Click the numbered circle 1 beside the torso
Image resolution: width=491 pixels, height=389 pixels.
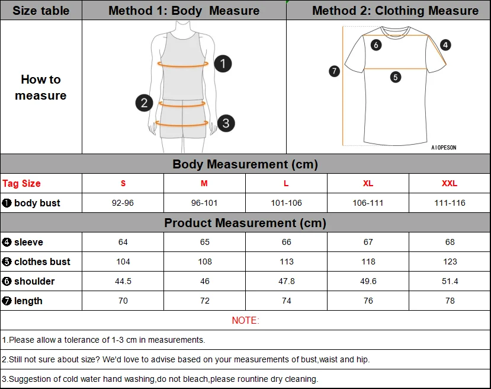click(x=223, y=63)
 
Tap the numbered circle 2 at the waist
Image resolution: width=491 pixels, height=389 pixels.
click(x=144, y=103)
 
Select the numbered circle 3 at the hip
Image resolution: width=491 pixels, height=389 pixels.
click(x=226, y=123)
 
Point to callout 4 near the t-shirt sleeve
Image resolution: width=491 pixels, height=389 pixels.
click(x=445, y=44)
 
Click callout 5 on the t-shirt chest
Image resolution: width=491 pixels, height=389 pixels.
click(x=396, y=76)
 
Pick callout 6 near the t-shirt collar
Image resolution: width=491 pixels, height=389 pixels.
click(x=376, y=44)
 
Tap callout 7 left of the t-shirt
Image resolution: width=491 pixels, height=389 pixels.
click(x=334, y=71)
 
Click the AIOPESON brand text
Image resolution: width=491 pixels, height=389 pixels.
click(x=444, y=148)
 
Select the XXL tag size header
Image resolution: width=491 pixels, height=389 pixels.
click(x=450, y=183)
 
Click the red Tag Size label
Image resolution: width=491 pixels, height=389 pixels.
click(x=22, y=183)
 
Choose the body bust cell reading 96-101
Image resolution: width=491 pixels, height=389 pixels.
click(x=204, y=203)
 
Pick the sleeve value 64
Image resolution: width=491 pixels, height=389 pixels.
click(x=123, y=242)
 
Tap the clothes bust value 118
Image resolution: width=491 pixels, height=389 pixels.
click(x=368, y=262)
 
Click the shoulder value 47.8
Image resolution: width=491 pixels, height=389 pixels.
click(x=287, y=281)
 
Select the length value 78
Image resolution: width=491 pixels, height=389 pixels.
click(x=450, y=301)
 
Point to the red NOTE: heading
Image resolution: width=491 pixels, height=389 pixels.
click(x=245, y=320)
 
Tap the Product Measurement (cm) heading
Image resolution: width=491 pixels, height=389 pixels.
click(x=245, y=223)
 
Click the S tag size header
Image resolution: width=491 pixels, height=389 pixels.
click(x=123, y=183)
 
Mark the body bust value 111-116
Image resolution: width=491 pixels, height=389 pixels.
click(x=450, y=203)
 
